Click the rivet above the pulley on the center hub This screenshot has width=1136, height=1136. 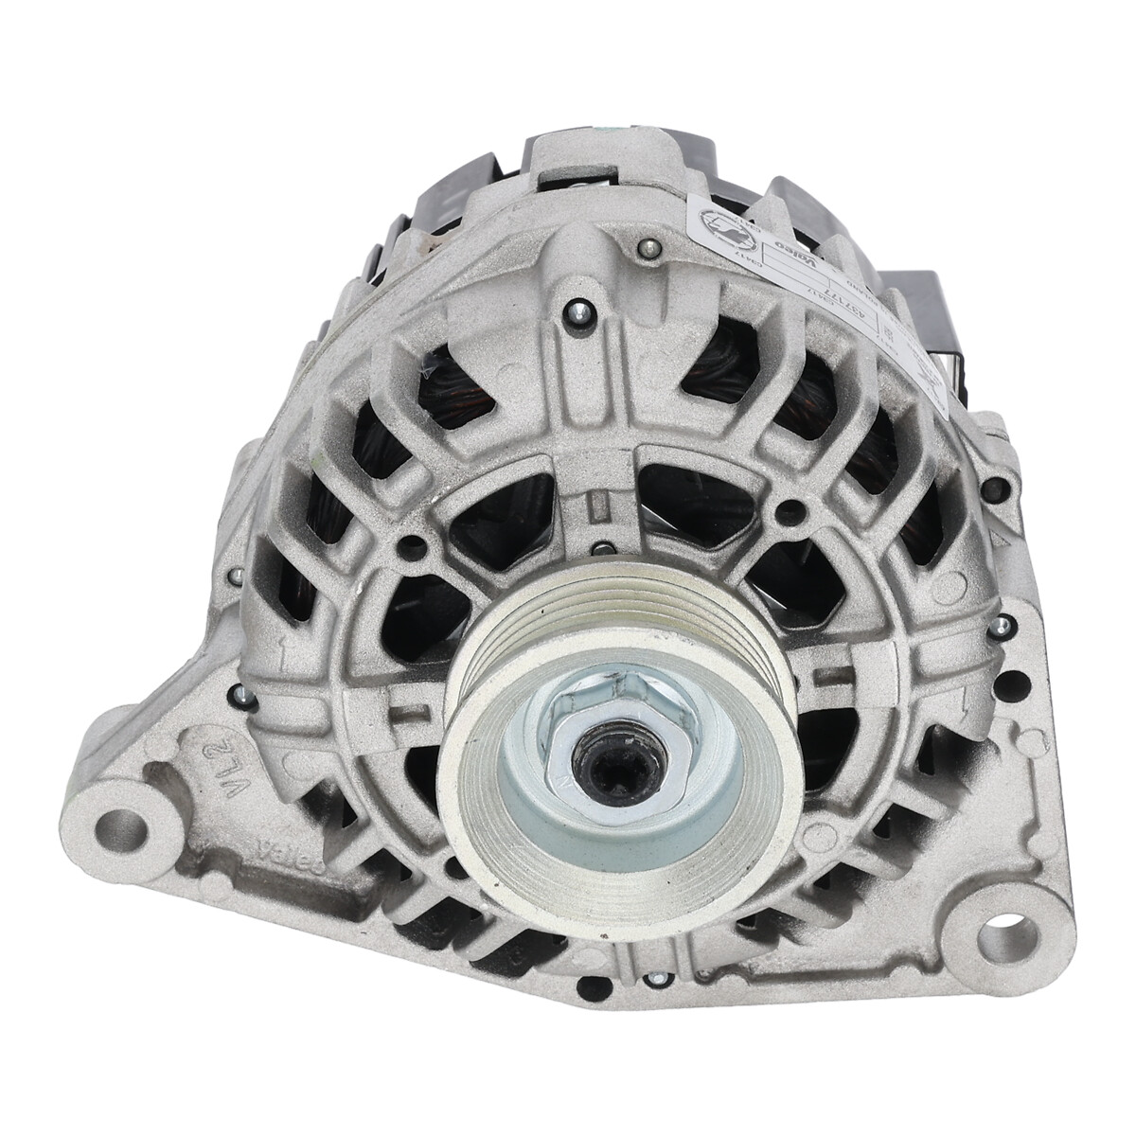tap(597, 546)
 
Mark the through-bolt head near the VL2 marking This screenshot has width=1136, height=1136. tap(244, 699)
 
